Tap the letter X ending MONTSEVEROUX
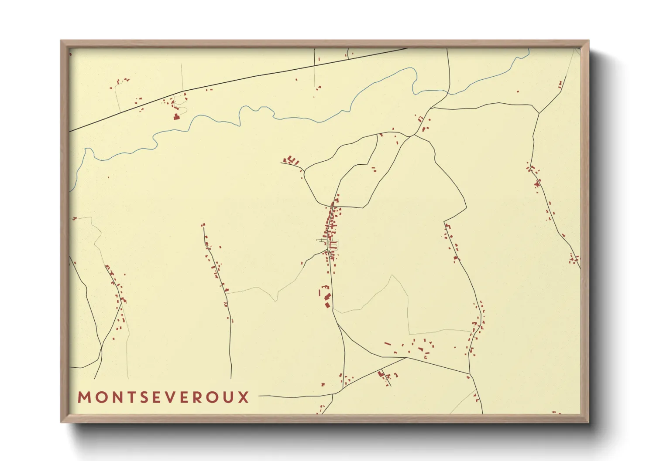[x=244, y=397]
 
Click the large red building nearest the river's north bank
[x=176, y=116]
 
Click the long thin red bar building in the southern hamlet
[x=387, y=344]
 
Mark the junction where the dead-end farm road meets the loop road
[x=304, y=169]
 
